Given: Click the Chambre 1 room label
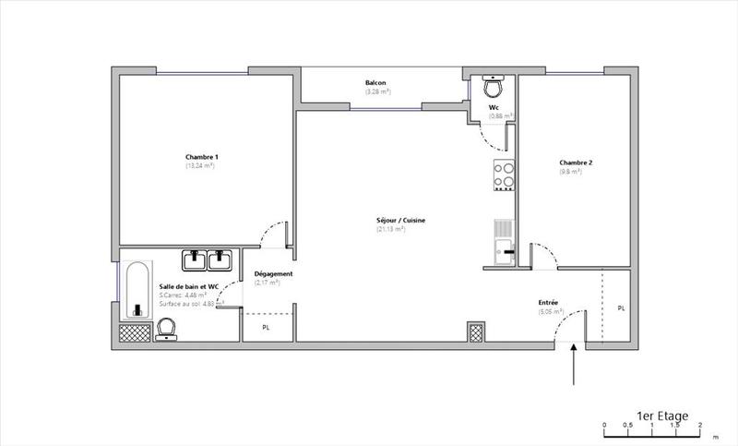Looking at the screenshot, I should click(x=201, y=157).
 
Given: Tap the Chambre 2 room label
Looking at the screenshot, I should click(x=576, y=163).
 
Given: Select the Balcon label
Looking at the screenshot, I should click(x=375, y=83).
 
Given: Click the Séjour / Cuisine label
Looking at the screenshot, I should click(x=400, y=220).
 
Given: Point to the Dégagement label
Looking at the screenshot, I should click(x=274, y=274).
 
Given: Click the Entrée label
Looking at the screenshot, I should click(x=549, y=303).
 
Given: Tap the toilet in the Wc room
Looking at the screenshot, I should click(x=494, y=87).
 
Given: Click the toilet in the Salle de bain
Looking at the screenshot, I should click(x=168, y=328).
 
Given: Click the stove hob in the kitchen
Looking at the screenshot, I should click(x=504, y=175).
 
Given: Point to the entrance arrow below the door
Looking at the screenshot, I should click(x=574, y=364).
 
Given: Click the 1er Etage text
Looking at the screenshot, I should click(x=662, y=416).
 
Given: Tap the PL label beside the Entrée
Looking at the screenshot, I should click(x=621, y=307).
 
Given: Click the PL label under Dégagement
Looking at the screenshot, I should click(x=266, y=327).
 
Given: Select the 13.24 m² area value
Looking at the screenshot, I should click(x=201, y=166).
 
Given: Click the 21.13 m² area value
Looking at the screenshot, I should click(x=391, y=229).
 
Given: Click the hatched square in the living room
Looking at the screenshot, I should click(x=476, y=331).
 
